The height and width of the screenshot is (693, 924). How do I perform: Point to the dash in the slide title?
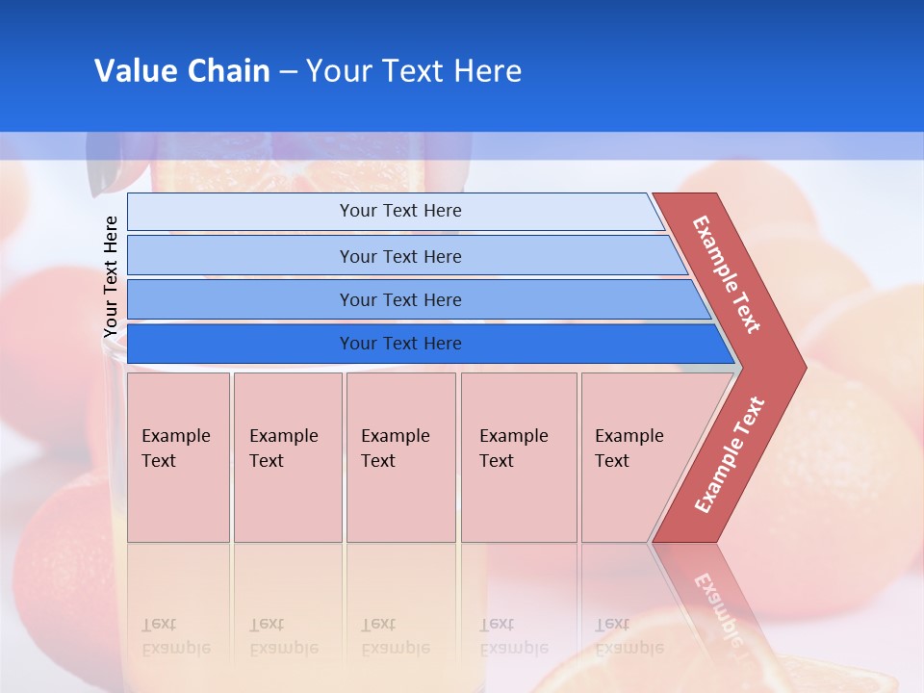tap(288, 72)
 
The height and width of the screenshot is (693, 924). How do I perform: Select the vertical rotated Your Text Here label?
tap(111, 276)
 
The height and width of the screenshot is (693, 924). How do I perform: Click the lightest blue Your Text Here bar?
tap(399, 211)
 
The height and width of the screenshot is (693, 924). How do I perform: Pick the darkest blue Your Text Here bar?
tap(399, 344)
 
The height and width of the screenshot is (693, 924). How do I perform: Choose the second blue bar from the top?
tap(399, 256)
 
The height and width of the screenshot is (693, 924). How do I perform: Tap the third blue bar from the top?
tap(399, 299)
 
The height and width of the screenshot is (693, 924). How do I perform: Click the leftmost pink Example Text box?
tap(178, 457)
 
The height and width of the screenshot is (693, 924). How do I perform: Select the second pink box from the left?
tap(287, 457)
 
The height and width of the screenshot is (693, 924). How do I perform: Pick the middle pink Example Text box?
tap(400, 457)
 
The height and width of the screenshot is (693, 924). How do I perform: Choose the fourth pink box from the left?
tap(518, 457)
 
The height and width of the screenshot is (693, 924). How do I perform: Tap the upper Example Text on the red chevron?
tap(727, 274)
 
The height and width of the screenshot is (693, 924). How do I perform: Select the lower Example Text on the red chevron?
tap(730, 454)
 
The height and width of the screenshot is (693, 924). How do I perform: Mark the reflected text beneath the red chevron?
tap(717, 606)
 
